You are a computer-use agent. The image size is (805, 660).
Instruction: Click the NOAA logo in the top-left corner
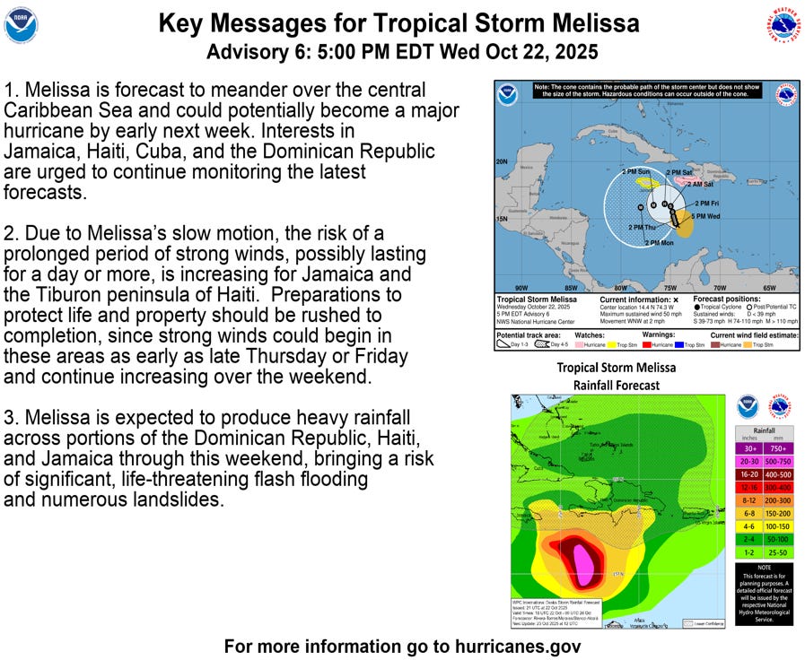pyautogui.click(x=22, y=25)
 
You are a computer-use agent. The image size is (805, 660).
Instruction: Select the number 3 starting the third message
pyautogui.click(x=10, y=418)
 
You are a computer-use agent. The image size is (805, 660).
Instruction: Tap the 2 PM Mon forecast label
pyautogui.click(x=660, y=243)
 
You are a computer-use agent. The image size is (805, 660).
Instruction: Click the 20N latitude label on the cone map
pyautogui.click(x=503, y=162)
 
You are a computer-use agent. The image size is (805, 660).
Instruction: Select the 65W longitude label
pyautogui.click(x=768, y=287)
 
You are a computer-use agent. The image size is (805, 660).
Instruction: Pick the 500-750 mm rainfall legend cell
pyautogui.click(x=779, y=461)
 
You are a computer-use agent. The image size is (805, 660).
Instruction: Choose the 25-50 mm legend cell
pyautogui.click(x=779, y=551)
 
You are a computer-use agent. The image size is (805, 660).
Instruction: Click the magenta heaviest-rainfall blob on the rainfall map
pyautogui.click(x=584, y=563)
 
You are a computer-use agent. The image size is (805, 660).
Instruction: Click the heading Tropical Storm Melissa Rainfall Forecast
pyautogui.click(x=616, y=376)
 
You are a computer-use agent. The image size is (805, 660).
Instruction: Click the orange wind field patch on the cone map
pyautogui.click(x=684, y=226)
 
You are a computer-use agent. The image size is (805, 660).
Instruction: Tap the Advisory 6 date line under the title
pyautogui.click(x=402, y=51)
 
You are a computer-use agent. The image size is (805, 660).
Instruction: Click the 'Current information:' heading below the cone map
pyautogui.click(x=634, y=298)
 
